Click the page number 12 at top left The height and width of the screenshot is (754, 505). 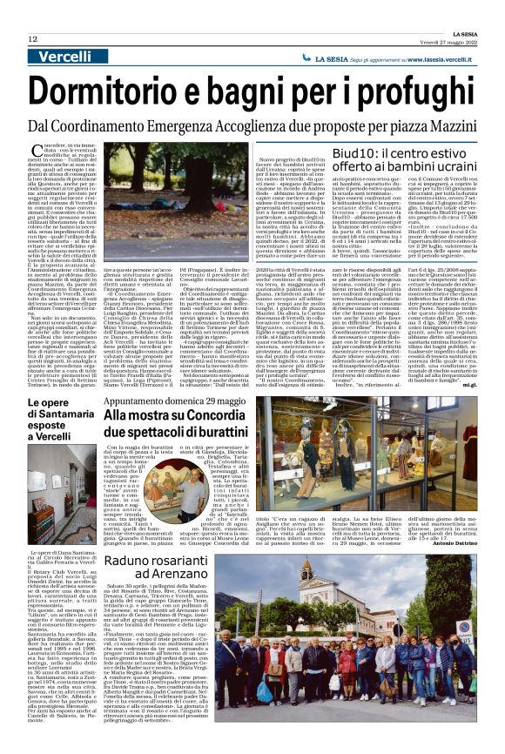coord(32,40)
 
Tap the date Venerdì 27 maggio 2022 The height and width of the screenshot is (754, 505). coord(443,39)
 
